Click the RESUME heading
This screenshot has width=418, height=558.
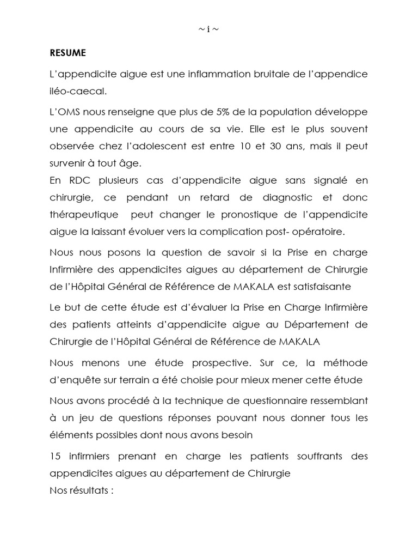67,53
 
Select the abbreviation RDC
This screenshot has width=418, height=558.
78,180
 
